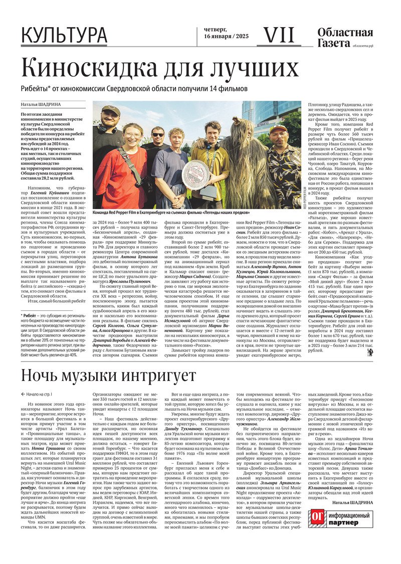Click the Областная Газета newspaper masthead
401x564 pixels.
pyautogui.click(x=345, y=38)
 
